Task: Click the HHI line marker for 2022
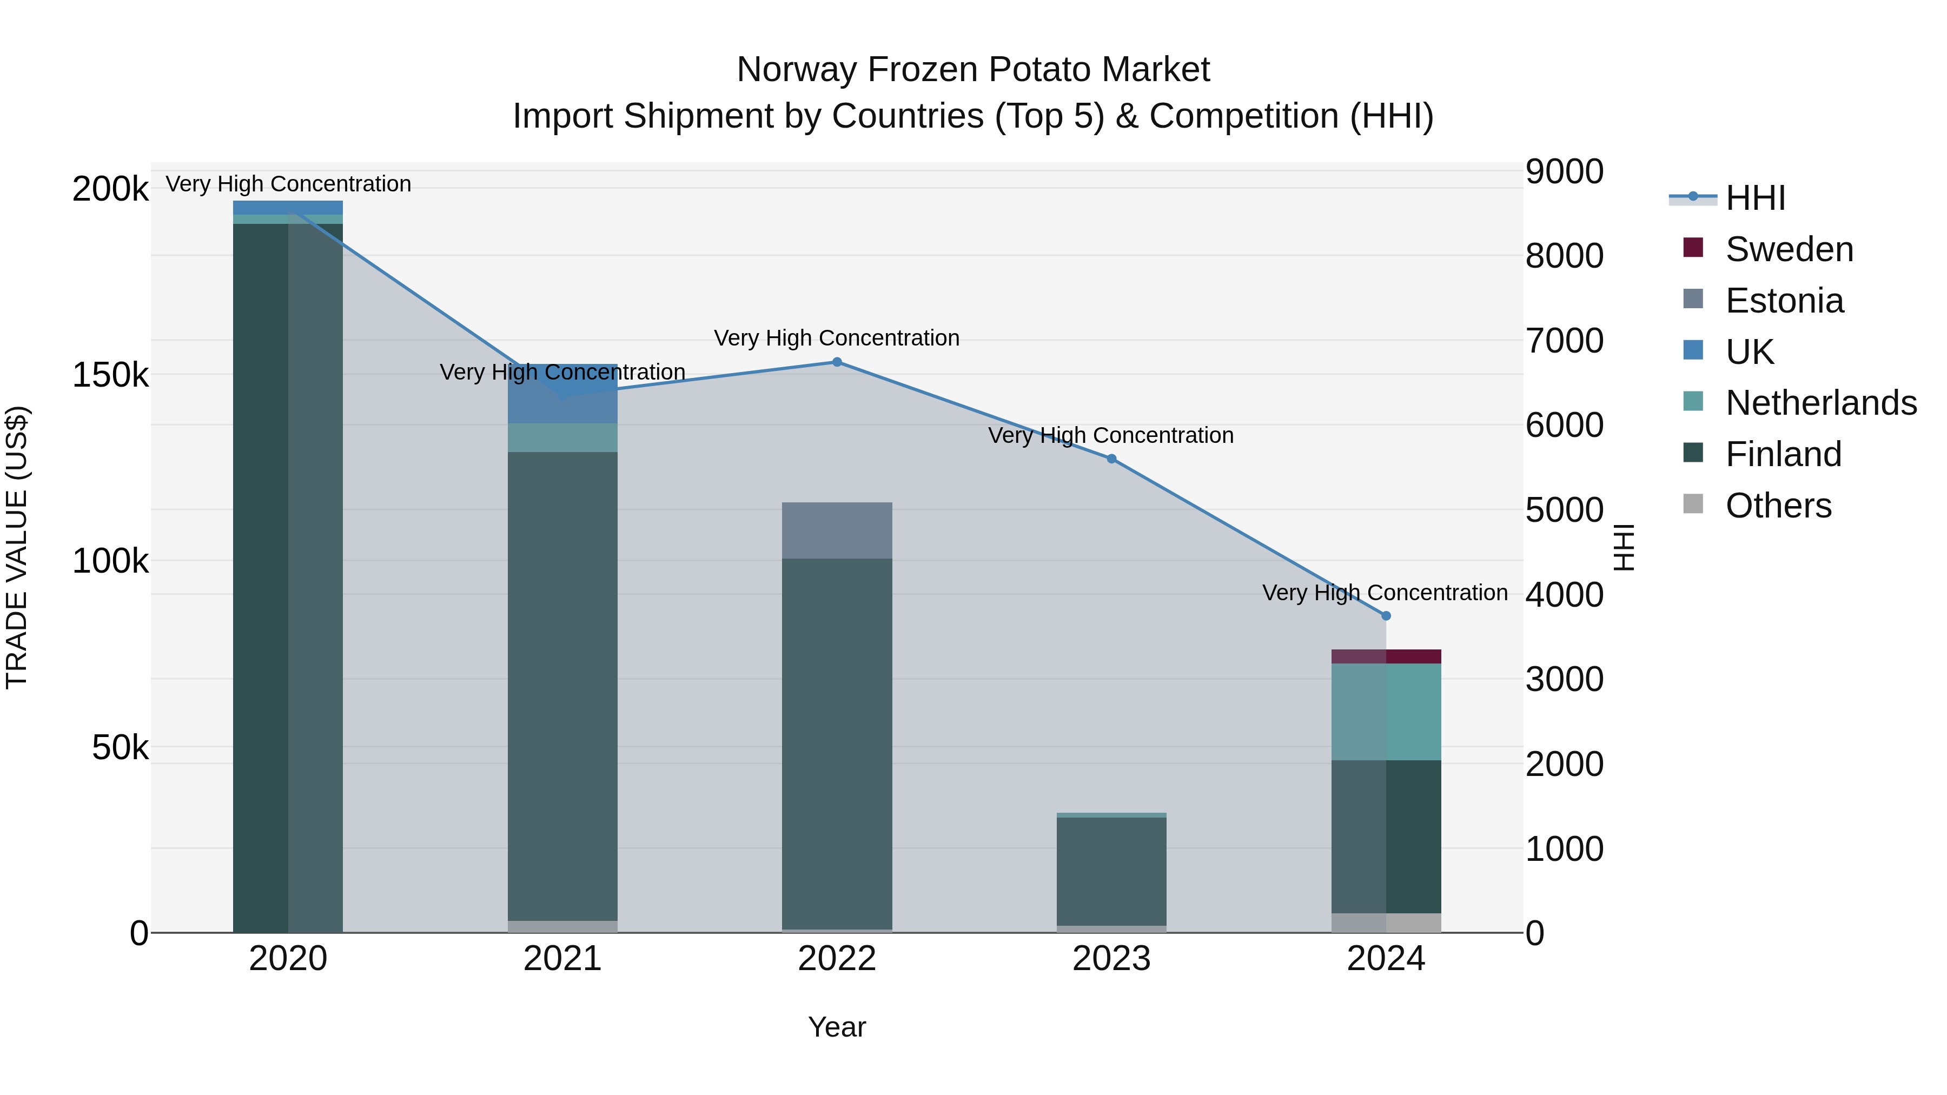coord(837,362)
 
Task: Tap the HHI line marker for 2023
coord(1111,459)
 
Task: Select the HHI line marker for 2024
coord(1386,616)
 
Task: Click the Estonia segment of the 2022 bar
coord(837,530)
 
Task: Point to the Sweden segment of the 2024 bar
coord(1386,656)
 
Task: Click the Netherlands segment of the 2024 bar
coord(1386,712)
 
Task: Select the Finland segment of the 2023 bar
coord(1111,871)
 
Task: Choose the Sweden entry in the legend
coord(1789,249)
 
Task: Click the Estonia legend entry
coord(1784,301)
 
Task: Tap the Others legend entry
coord(1778,506)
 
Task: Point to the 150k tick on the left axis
coord(110,375)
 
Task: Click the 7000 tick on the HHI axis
coord(1564,341)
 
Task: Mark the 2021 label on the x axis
coord(562,959)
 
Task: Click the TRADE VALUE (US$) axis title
coord(17,547)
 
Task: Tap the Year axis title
coord(837,1027)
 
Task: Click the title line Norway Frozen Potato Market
coord(973,70)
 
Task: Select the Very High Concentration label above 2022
coord(837,338)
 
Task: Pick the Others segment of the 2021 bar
coord(562,926)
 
